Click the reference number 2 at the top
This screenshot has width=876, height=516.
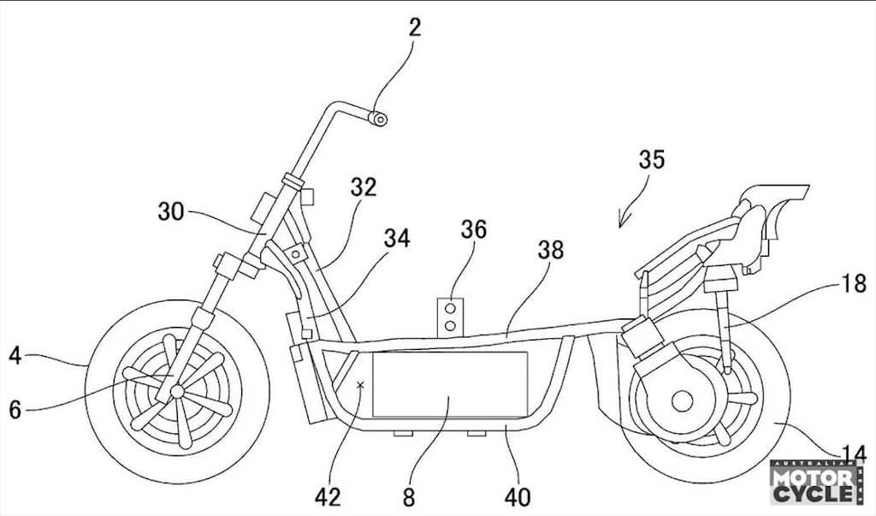click(414, 27)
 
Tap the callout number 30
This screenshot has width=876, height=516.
click(170, 212)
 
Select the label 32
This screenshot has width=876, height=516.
click(364, 187)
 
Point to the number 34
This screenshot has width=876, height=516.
click(397, 238)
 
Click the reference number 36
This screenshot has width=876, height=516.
click(474, 229)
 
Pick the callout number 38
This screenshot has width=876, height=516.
click(551, 250)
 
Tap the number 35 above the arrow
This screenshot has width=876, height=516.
click(651, 159)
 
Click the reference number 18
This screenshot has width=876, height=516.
click(854, 284)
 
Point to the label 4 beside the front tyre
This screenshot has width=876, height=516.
click(15, 356)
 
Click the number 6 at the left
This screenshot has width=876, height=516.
click(15, 410)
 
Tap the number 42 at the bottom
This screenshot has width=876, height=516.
click(328, 496)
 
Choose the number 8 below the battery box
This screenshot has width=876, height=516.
click(410, 496)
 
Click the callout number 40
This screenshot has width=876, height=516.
click(518, 496)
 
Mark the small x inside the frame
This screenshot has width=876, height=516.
click(360, 384)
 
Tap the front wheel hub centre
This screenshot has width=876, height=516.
click(177, 391)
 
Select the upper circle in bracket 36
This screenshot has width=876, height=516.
click(450, 309)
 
